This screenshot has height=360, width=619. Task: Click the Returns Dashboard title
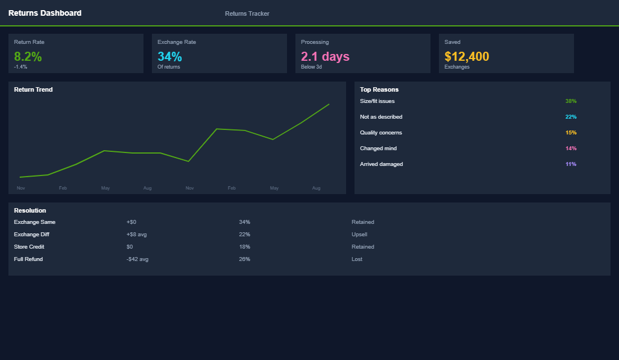click(x=44, y=13)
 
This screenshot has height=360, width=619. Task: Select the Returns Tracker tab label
click(x=247, y=13)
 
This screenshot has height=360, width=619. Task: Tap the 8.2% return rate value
click(x=28, y=57)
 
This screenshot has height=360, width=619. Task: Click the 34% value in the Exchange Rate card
click(x=169, y=57)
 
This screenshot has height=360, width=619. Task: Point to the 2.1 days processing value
click(x=325, y=57)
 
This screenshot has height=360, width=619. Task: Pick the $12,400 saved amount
click(x=467, y=57)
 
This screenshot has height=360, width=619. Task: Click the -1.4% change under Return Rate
click(x=21, y=67)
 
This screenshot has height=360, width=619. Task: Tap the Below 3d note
click(x=311, y=67)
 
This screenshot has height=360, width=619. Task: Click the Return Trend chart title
click(x=33, y=89)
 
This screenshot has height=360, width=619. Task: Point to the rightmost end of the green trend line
click(x=329, y=104)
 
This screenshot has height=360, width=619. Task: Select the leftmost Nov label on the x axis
click(x=21, y=188)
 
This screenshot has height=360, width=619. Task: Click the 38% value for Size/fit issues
click(x=571, y=101)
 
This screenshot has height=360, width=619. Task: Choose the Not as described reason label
click(x=381, y=117)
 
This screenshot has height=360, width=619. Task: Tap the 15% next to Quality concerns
click(x=571, y=133)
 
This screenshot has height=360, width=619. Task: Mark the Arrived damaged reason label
click(x=381, y=164)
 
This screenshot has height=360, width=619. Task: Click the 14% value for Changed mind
click(x=571, y=148)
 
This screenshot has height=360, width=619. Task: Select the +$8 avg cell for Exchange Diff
click(x=137, y=235)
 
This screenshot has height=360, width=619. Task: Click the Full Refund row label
click(x=28, y=259)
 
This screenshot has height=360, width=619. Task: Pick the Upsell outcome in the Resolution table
click(x=360, y=235)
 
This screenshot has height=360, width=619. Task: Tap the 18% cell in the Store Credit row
click(x=244, y=247)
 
